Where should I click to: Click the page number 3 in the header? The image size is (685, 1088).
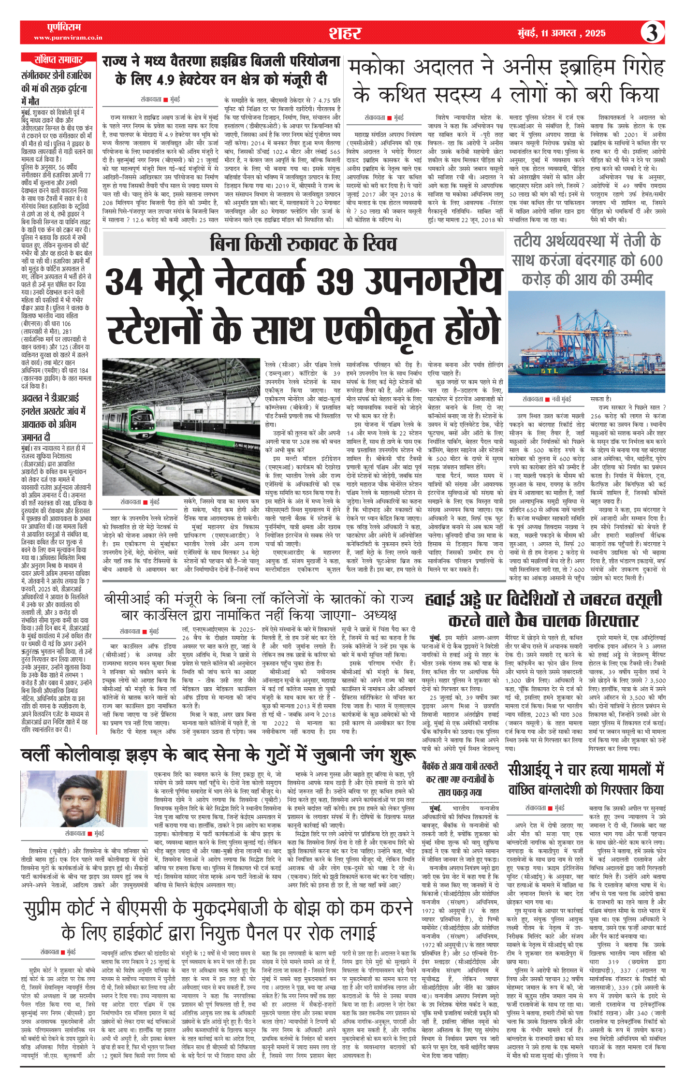pyautogui.click(x=652, y=32)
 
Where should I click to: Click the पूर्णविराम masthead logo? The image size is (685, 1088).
pyautogui.click(x=64, y=27)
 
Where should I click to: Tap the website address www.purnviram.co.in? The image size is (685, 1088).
pyautogui.click(x=68, y=38)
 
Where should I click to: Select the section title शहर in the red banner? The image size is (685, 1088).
pyautogui.click(x=345, y=33)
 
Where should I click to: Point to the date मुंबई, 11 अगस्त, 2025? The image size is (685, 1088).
pyautogui.click(x=561, y=33)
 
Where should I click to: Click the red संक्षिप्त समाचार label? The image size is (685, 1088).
pyautogui.click(x=58, y=60)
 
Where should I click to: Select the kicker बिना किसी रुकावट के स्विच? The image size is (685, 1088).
pyautogui.click(x=303, y=244)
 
